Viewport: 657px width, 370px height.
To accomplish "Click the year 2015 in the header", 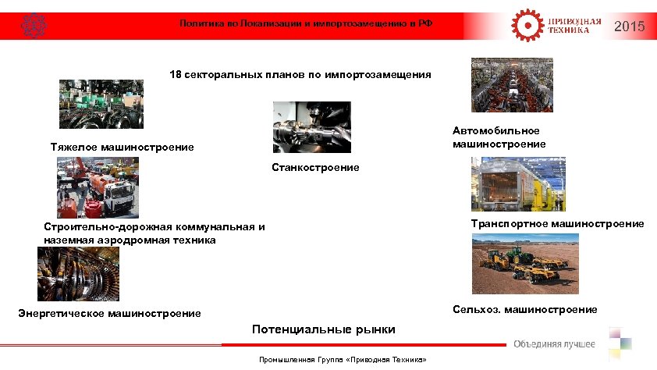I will click(x=629, y=27).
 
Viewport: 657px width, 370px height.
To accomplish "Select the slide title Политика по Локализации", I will click(x=305, y=24).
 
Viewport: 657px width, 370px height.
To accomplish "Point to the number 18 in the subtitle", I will click(x=176, y=75).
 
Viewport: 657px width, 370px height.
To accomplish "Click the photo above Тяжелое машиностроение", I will click(x=101, y=104).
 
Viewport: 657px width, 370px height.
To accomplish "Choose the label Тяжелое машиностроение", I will click(x=122, y=147).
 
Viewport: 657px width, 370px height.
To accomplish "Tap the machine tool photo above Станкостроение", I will click(x=311, y=127).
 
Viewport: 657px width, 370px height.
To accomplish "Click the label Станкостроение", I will click(x=315, y=168).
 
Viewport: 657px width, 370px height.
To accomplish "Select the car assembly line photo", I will click(x=511, y=85).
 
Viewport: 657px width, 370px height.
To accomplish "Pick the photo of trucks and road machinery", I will click(x=98, y=187).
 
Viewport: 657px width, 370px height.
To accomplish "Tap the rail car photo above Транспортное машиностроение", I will click(x=518, y=184).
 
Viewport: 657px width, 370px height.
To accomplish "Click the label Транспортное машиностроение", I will click(x=557, y=223).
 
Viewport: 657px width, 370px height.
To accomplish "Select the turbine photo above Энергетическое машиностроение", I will click(x=78, y=274).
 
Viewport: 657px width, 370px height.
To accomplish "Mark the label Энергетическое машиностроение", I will click(x=109, y=314).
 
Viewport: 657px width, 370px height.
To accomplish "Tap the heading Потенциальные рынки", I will click(x=323, y=329).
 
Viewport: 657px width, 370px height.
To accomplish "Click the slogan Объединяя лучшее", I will click(x=554, y=345).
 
